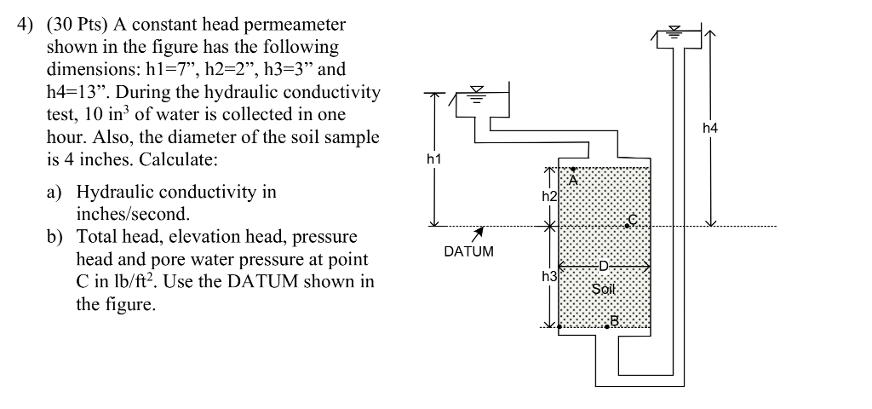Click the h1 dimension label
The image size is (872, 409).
[x=434, y=159]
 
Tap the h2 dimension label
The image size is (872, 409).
[x=549, y=197]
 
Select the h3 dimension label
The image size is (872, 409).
[x=549, y=276]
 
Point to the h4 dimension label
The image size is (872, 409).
[x=710, y=128]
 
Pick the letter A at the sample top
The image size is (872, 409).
[x=573, y=181]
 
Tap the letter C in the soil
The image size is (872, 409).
[x=632, y=220]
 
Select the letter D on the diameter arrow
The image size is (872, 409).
[x=603, y=266]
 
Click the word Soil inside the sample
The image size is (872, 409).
[x=603, y=289]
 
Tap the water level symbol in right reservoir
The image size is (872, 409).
[x=676, y=33]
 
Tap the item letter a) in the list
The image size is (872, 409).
[x=57, y=192]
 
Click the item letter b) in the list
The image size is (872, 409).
[x=57, y=236]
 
